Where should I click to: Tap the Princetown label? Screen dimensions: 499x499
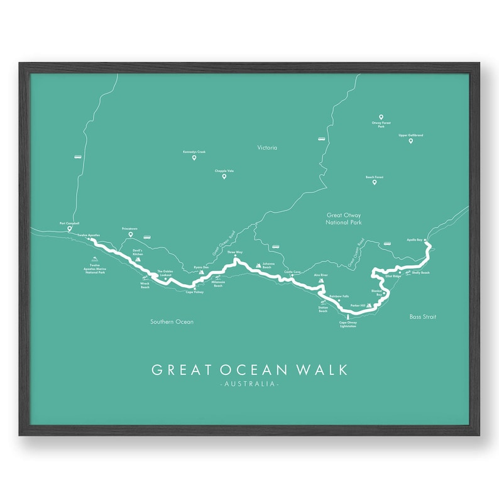[x=131, y=229]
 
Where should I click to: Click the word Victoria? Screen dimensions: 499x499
[x=267, y=148]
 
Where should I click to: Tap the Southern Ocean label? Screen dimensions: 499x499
[x=172, y=322]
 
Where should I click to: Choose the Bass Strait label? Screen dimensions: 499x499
[x=421, y=317]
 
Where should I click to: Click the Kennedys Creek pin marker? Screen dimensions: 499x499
[x=194, y=158]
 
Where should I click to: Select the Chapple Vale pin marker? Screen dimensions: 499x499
[x=224, y=177]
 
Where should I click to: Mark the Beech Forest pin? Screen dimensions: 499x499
[x=375, y=183]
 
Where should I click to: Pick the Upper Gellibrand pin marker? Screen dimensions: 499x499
[x=410, y=141]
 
